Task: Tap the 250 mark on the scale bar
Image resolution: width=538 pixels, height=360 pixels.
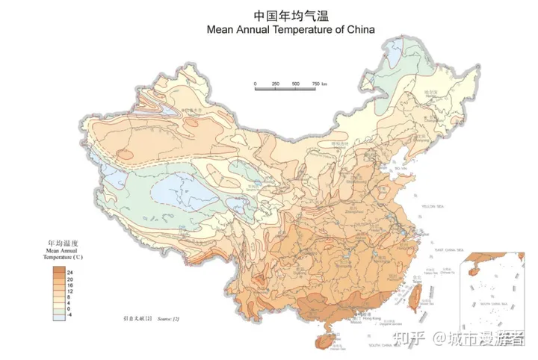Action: click(x=276, y=84)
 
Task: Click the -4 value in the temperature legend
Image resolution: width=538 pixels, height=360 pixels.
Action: click(x=69, y=315)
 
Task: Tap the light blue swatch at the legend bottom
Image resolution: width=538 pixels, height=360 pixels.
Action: click(x=58, y=317)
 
